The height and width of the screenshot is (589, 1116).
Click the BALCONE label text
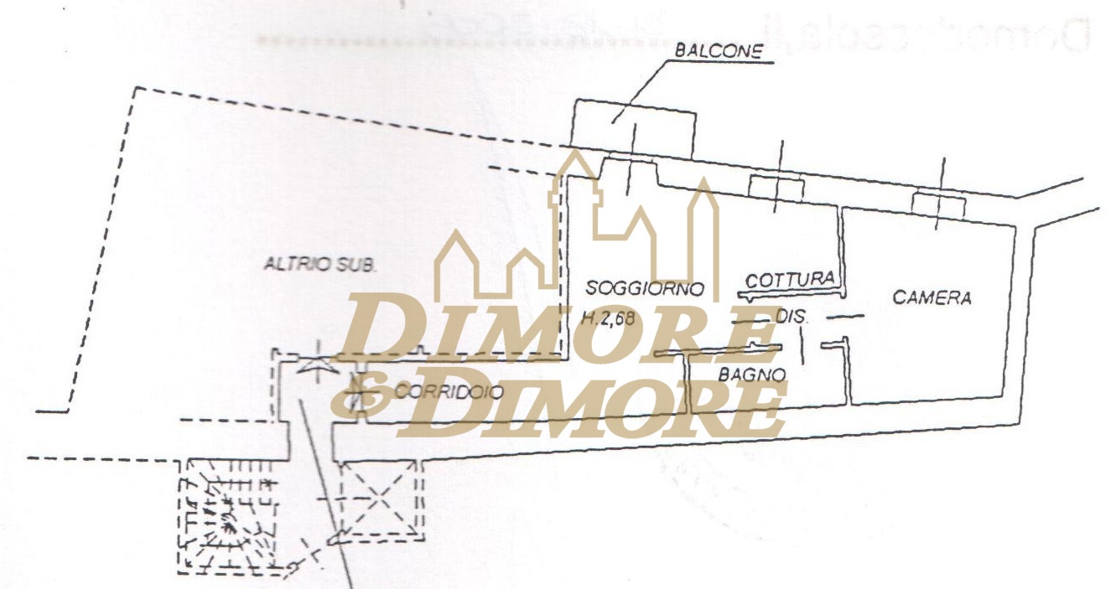coord(719,51)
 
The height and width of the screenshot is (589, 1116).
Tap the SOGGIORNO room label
coord(643,288)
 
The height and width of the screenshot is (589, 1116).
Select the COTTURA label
coord(790,279)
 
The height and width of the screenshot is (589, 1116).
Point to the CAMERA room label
coord(932,297)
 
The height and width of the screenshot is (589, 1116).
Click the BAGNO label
coord(752,375)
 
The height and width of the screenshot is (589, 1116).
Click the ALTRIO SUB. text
coord(321,265)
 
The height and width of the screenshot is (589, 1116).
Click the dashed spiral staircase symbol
coord(228,517)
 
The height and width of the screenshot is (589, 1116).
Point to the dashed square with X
coord(382,501)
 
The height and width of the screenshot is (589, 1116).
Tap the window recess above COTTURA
coord(776,187)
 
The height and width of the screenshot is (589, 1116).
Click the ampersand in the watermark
coord(356,397)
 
